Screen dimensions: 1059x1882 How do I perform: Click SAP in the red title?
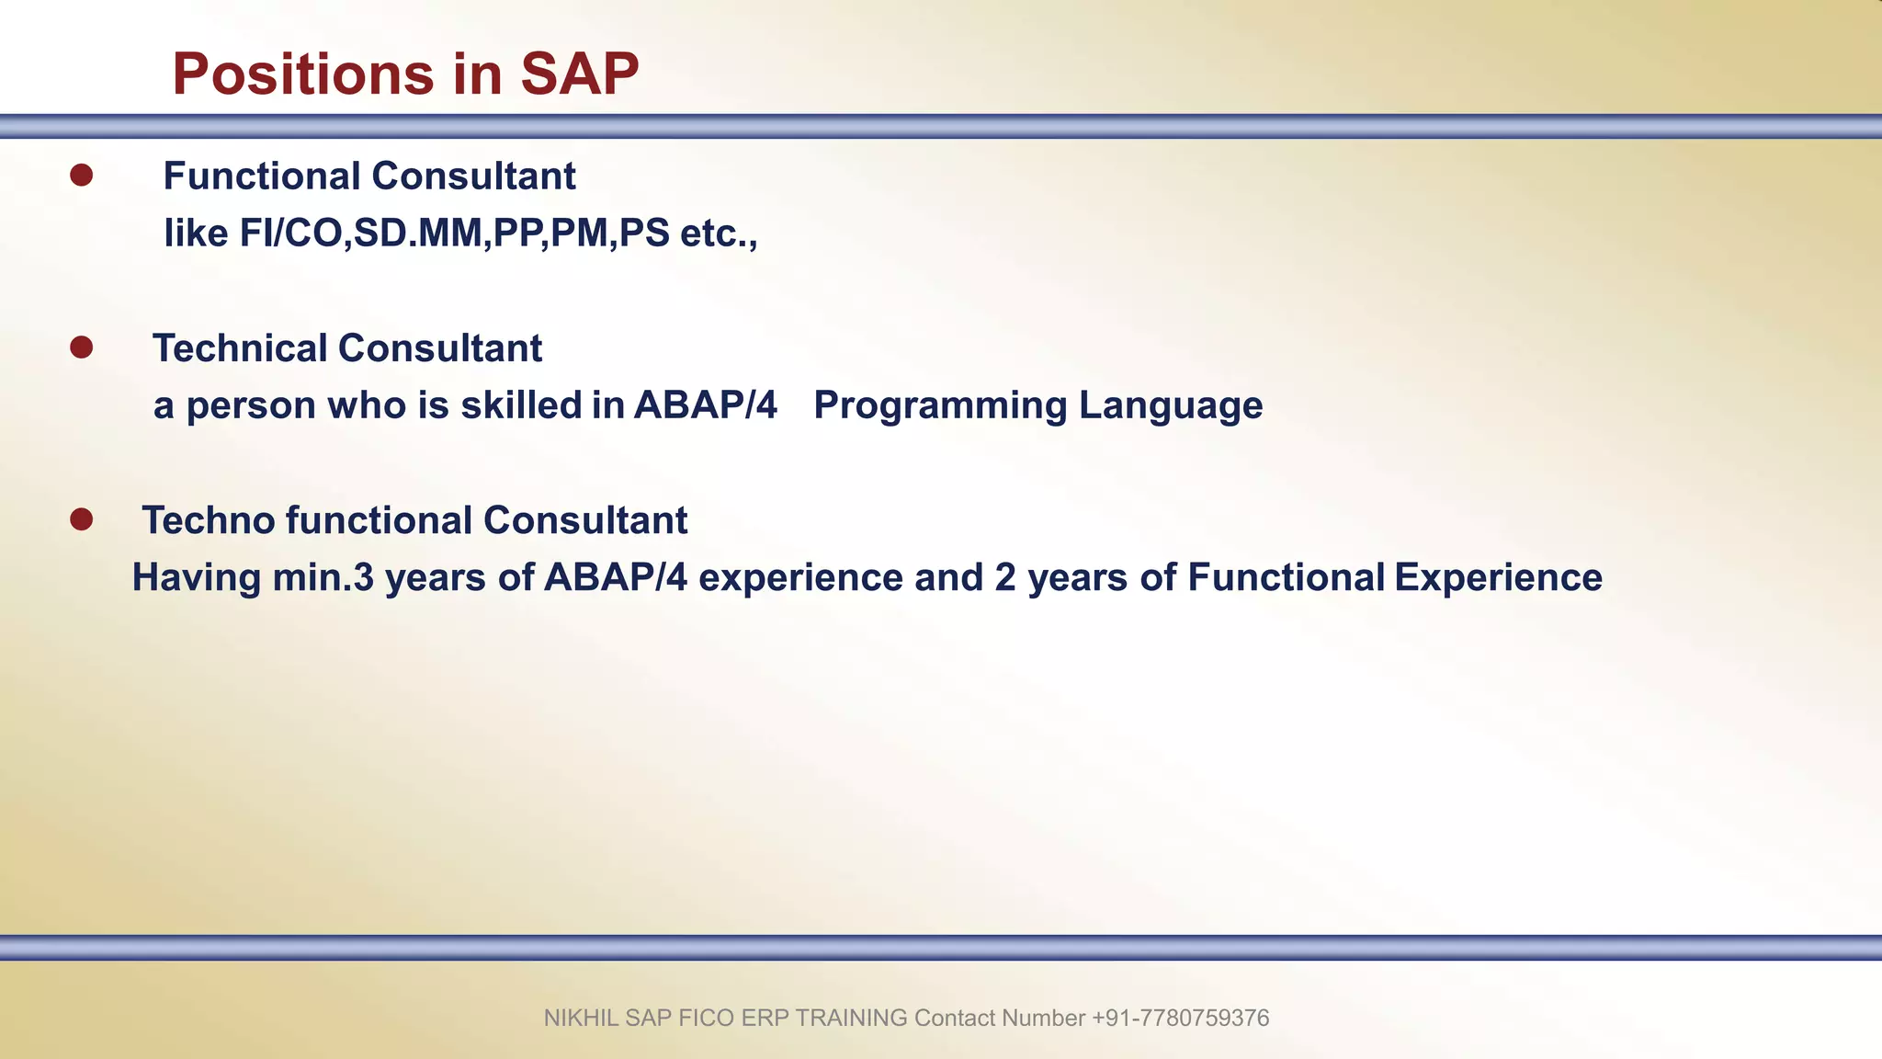click(x=579, y=74)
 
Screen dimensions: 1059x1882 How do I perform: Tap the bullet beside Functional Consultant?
click(x=82, y=176)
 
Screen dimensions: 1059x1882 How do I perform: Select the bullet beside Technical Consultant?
click(x=82, y=347)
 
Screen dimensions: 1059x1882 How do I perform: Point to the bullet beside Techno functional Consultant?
click(x=82, y=519)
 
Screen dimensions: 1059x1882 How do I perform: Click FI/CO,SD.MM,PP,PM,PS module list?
click(x=454, y=233)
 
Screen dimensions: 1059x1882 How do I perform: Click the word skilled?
click(x=521, y=405)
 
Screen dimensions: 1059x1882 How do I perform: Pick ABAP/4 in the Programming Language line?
click(x=705, y=405)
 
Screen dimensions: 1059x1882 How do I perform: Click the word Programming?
click(x=940, y=405)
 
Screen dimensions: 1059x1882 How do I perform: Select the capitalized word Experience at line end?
click(x=1498, y=577)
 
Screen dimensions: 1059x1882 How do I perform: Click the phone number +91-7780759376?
click(x=1180, y=1018)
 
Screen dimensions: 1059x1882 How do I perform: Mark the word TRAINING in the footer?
click(x=851, y=1018)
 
